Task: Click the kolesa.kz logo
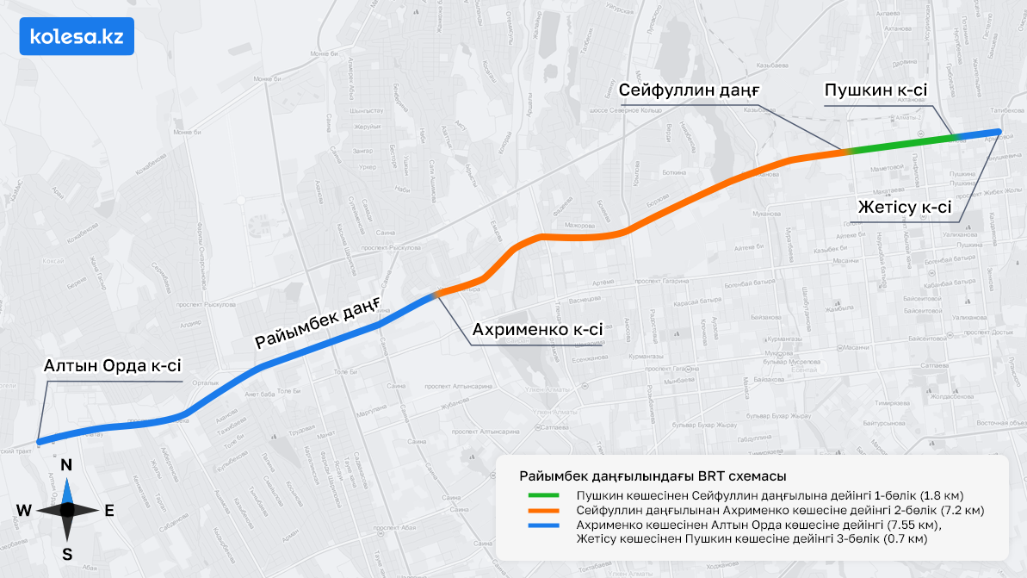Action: [77, 36]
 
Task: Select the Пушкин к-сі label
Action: [875, 90]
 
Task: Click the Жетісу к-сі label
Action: [905, 207]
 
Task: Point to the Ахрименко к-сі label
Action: [538, 330]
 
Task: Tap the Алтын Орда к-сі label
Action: [113, 365]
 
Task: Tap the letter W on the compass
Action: [23, 511]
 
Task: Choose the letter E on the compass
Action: [109, 511]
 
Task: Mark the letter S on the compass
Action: [66, 554]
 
